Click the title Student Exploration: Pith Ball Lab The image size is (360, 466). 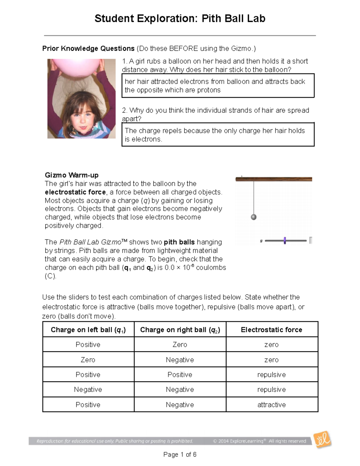coord(180,19)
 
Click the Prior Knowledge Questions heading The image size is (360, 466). coord(88,49)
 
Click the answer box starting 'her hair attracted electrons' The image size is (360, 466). coord(218,86)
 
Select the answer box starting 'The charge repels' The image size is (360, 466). coord(218,135)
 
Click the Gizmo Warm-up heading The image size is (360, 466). coord(71,175)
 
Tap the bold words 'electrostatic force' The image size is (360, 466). coord(75,192)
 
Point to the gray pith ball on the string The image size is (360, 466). coord(254,217)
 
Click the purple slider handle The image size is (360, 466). coord(285,240)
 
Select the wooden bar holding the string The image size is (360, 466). coord(274,179)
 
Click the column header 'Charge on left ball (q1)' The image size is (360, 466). coord(88,330)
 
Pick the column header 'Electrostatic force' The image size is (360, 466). coord(271,330)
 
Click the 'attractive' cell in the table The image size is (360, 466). coord(271,405)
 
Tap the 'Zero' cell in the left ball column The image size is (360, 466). coord(88,360)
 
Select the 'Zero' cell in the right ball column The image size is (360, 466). coord(180,345)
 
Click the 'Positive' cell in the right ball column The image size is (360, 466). coord(180,375)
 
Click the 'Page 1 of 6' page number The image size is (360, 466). coord(180,455)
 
